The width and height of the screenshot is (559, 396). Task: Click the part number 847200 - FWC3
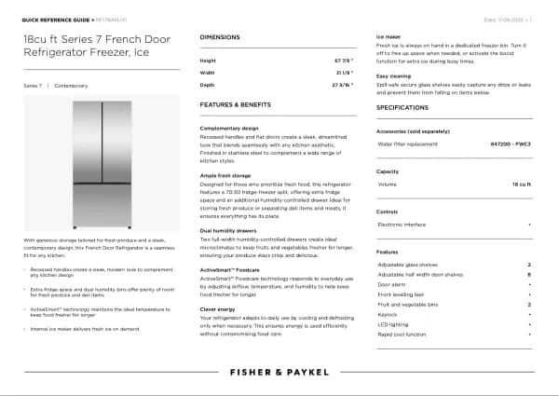510,144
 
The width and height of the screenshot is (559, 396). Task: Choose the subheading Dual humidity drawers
227,230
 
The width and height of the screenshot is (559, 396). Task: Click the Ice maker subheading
389,36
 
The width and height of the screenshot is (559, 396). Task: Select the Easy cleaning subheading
394,75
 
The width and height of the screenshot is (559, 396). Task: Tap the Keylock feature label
388,314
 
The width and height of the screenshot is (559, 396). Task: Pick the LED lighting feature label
392,324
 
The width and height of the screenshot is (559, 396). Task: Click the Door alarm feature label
391,284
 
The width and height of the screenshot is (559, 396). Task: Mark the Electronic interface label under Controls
402,225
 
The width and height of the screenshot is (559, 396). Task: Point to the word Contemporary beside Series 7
71,85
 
